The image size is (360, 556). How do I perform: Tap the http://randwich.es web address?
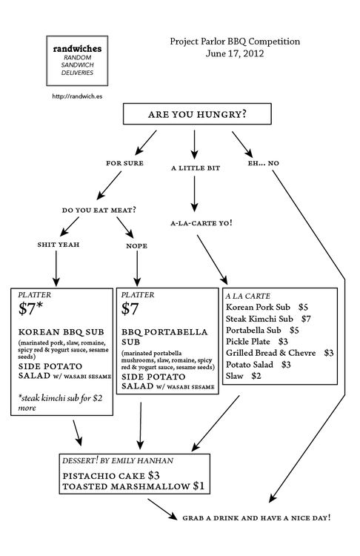(77, 96)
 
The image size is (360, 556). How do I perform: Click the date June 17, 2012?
(235, 53)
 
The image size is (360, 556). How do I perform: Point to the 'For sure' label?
(124, 163)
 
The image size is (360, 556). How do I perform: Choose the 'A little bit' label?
(196, 168)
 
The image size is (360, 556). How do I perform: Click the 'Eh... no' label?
(263, 163)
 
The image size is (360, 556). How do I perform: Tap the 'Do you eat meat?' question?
(99, 211)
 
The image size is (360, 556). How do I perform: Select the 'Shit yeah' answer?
(59, 245)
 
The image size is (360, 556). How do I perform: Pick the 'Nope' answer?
(137, 245)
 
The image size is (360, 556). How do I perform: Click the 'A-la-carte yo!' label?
(201, 223)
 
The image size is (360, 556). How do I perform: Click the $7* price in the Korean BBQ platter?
(31, 308)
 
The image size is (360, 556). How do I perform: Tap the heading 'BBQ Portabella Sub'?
(164, 337)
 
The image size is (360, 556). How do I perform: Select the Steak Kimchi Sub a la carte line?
(269, 319)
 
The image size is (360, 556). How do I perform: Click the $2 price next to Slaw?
(256, 376)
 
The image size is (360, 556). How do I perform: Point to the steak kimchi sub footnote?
(60, 403)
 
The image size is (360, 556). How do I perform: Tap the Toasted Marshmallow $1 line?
(133, 486)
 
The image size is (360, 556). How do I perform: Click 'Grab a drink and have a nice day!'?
(256, 517)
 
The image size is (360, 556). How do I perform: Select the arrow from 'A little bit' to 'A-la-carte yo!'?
(194, 194)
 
